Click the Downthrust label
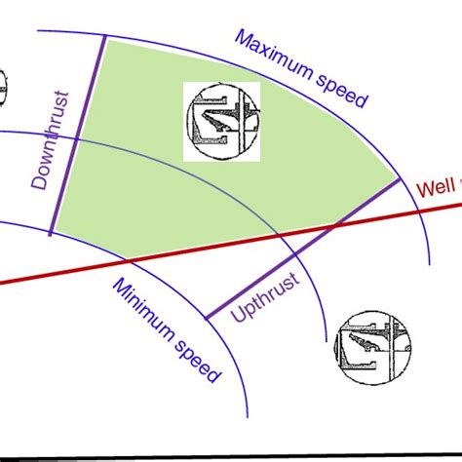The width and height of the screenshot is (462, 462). [51, 140]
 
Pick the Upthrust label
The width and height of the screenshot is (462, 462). [265, 297]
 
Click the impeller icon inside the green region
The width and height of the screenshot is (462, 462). [223, 121]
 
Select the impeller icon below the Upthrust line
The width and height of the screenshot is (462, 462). [373, 348]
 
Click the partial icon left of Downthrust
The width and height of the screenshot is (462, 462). [3, 89]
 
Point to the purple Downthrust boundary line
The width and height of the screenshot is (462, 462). [78, 135]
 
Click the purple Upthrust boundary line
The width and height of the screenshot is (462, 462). [303, 249]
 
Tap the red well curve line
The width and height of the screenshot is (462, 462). [231, 244]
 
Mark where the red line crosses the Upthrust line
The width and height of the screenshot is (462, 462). [335, 225]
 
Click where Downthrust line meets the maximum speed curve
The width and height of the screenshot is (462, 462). [105, 36]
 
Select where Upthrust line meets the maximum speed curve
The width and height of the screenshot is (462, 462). [399, 178]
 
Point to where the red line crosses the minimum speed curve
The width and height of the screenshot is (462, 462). [128, 261]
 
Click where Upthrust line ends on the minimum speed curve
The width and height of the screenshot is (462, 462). [207, 319]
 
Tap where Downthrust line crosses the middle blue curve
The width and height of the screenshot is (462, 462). [76, 139]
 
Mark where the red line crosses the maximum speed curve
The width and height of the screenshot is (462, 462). [418, 212]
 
